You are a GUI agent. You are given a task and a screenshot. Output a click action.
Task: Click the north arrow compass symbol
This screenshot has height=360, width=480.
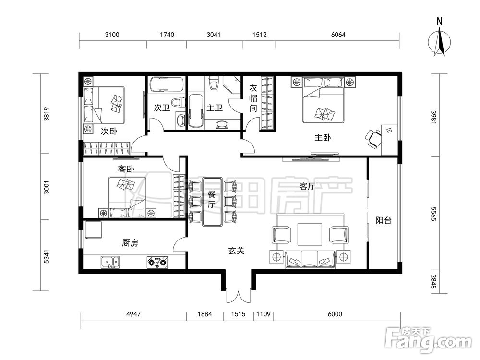(440, 42)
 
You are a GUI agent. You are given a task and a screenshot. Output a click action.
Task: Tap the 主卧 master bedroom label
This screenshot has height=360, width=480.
(323, 138)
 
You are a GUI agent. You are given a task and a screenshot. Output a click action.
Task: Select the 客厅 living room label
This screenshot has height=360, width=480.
(307, 186)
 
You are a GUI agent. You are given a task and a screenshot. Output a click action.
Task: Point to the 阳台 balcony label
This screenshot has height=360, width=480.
(383, 220)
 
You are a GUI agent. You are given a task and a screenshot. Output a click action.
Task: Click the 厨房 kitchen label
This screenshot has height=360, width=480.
(130, 243)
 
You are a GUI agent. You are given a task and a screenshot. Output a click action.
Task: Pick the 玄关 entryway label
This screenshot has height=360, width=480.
(236, 251)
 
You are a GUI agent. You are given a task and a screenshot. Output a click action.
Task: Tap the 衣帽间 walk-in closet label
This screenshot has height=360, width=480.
(253, 98)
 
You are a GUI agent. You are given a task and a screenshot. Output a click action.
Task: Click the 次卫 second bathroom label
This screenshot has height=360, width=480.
(162, 108)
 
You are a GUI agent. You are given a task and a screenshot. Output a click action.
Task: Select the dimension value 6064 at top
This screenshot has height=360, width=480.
(338, 35)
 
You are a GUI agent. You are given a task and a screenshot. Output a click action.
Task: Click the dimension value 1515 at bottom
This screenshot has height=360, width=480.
(238, 314)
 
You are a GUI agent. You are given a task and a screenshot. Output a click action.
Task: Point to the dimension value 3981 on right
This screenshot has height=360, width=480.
(433, 117)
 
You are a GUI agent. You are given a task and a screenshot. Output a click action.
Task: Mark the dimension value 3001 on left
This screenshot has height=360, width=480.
(47, 187)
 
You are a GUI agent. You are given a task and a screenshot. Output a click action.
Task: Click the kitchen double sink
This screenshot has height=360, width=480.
(110, 263)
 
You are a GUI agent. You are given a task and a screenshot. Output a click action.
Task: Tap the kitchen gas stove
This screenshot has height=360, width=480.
(157, 263)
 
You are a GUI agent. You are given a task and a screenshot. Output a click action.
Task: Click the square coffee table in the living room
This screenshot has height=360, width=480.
(310, 235)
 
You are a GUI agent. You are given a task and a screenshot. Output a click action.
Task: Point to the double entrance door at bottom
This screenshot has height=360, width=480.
(239, 296)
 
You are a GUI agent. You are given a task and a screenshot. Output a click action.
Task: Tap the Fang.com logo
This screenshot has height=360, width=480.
(429, 340)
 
